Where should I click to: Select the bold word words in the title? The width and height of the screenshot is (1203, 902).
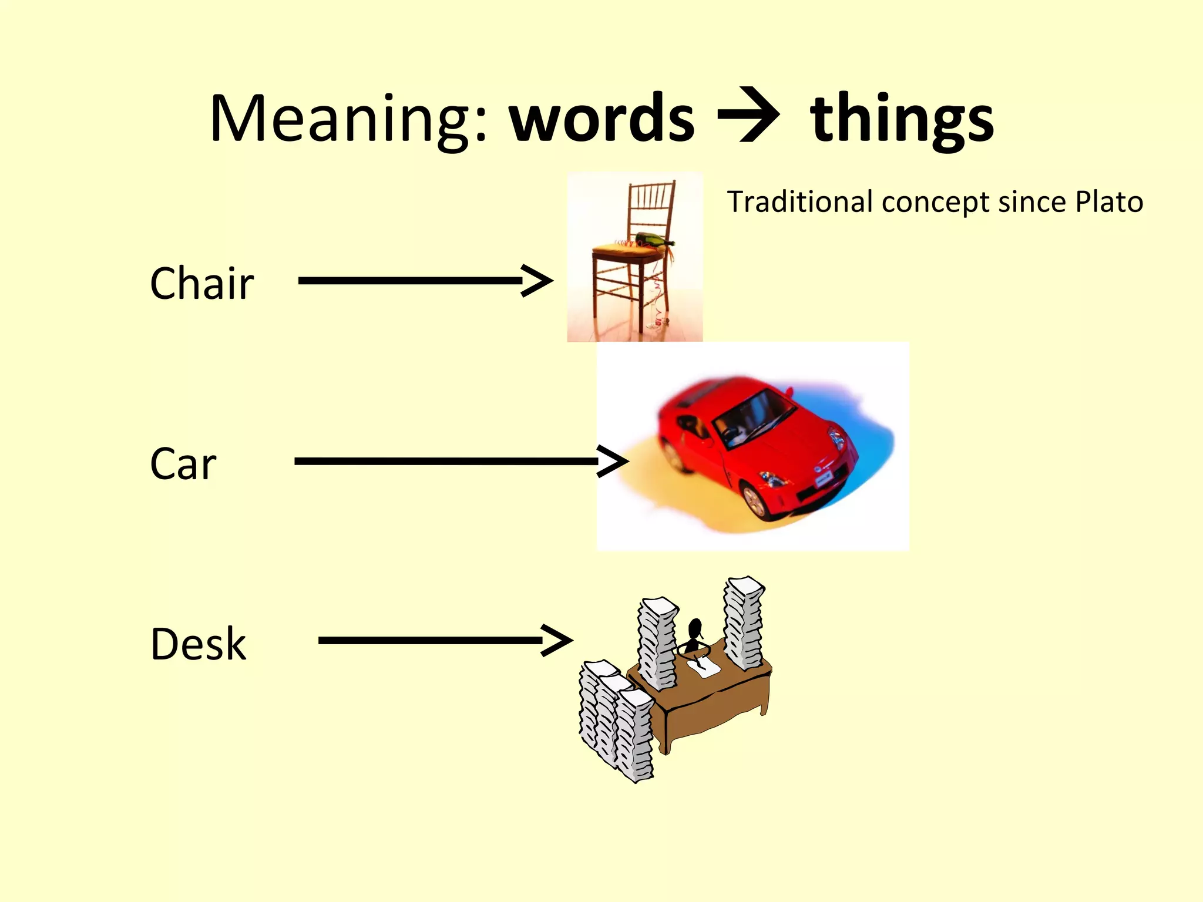tap(602, 119)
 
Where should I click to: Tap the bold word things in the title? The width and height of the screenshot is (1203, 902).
tap(902, 119)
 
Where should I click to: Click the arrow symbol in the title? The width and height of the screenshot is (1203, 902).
tap(750, 115)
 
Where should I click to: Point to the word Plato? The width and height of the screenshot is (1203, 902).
tap(1109, 202)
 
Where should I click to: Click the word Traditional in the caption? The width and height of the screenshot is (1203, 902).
tap(800, 202)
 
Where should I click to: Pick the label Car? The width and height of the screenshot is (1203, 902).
tap(183, 464)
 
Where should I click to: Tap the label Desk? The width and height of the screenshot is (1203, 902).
tap(198, 644)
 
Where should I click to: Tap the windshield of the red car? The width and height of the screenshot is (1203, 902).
tap(749, 414)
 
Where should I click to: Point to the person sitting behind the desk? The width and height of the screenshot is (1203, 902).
tap(694, 636)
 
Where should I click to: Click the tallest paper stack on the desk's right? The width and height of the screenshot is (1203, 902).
tap(743, 622)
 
